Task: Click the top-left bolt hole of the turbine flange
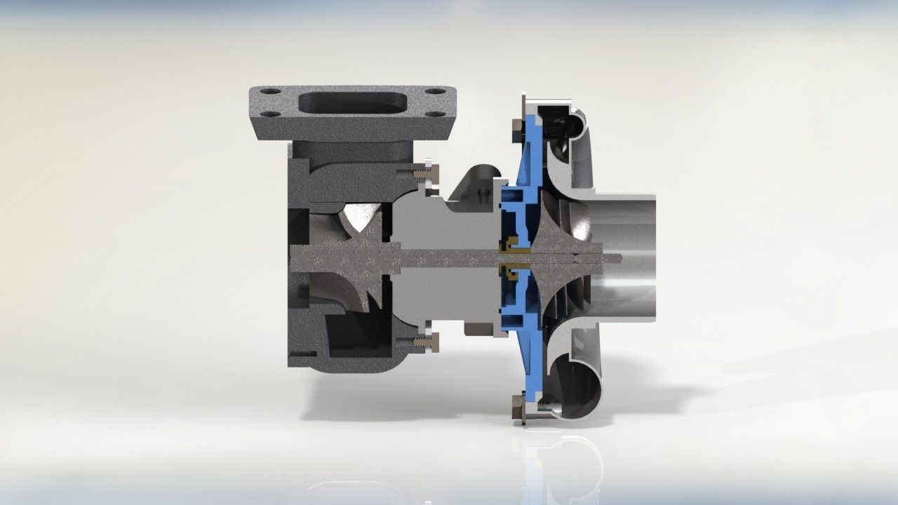click(271, 92)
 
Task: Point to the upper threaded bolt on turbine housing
click(422, 171)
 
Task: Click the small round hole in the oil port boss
click(482, 191)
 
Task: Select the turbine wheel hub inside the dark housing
click(351, 258)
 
